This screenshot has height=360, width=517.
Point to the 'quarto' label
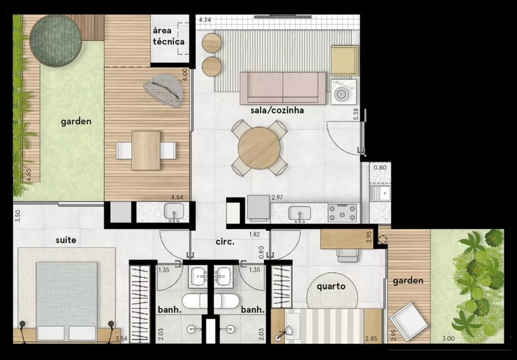(x=331, y=286)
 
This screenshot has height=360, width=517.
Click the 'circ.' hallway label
(x=225, y=242)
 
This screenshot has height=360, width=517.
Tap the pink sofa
(x=282, y=87)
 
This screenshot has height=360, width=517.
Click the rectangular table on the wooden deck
(x=146, y=151)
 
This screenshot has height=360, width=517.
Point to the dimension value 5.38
(x=356, y=114)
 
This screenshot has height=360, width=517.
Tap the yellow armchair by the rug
(x=344, y=60)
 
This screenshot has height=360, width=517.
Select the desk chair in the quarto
(x=345, y=253)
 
